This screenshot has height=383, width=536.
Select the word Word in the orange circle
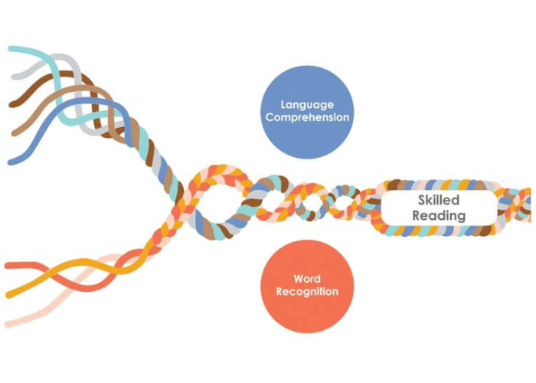pos(306,278)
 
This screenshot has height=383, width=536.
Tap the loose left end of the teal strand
pos(11,50)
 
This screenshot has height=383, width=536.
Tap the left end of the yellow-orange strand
pos(8,295)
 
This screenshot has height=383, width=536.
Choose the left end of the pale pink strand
pos(8,322)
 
